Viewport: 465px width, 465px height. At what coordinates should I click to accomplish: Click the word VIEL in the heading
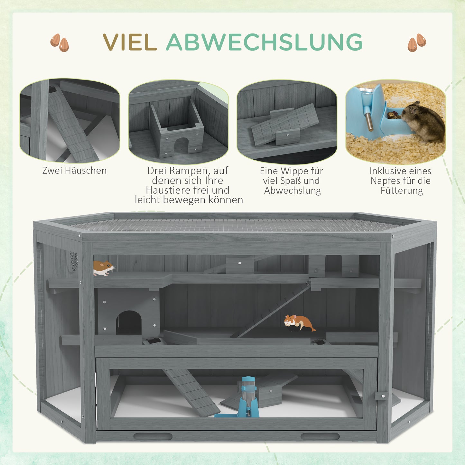click(130, 42)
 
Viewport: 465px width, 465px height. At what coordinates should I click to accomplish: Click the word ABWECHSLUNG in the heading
click(264, 42)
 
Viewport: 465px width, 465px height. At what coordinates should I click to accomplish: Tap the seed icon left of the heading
click(60, 42)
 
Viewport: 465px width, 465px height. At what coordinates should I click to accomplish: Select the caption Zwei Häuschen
click(74, 171)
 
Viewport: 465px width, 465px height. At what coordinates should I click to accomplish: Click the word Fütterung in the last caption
click(401, 191)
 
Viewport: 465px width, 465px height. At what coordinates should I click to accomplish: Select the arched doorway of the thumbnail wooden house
click(181, 145)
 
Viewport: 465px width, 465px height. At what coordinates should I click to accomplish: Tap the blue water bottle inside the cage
click(249, 396)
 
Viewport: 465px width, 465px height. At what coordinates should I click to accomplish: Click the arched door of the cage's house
click(129, 323)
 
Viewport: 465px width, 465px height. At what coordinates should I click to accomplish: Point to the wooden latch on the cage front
click(381, 395)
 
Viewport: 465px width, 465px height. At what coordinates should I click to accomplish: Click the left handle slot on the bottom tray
click(153, 436)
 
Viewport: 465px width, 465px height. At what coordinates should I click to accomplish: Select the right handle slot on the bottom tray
click(320, 436)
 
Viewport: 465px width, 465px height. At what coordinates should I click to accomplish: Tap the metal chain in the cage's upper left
click(74, 261)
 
